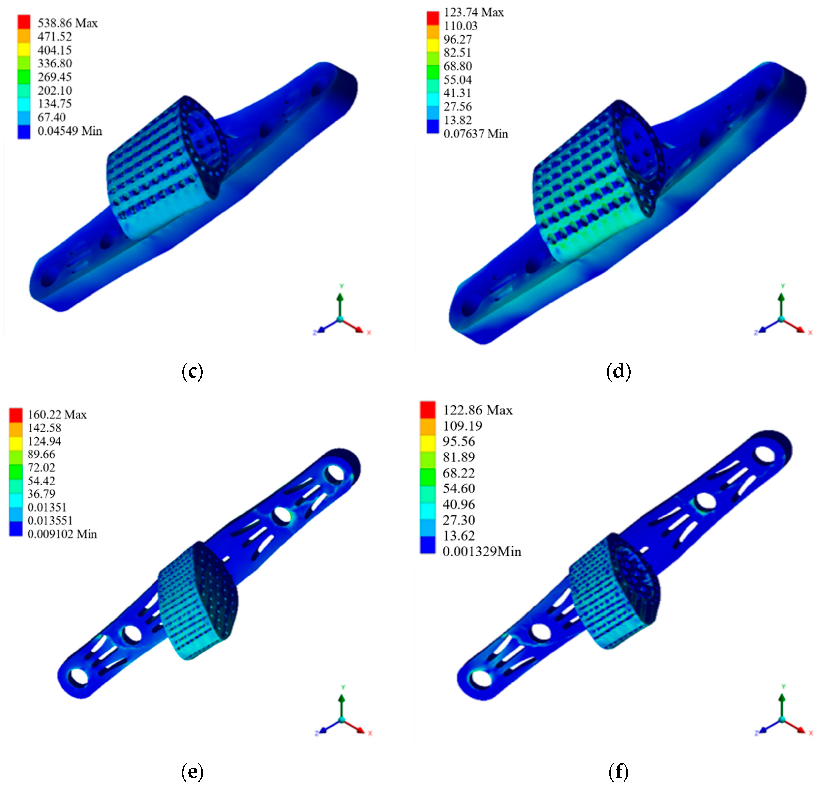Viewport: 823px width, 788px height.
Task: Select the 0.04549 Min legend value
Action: pyautogui.click(x=70, y=131)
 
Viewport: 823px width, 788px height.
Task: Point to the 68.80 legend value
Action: pyautogui.click(x=458, y=66)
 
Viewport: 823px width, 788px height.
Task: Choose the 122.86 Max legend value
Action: pyautogui.click(x=477, y=410)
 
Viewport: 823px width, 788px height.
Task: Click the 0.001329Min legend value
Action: pyautogui.click(x=482, y=551)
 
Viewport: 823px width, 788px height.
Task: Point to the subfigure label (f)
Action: pyautogui.click(x=619, y=771)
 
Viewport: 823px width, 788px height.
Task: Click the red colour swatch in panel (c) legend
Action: pyautogui.click(x=24, y=22)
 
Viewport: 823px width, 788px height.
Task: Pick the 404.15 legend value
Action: pyautogui.click(x=55, y=50)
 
